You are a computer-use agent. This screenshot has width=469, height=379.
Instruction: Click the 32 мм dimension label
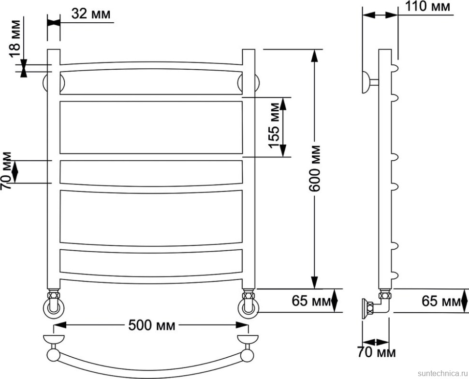(90, 14)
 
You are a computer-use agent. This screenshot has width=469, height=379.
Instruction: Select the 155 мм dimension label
(274, 126)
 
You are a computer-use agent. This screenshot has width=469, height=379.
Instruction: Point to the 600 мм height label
(314, 168)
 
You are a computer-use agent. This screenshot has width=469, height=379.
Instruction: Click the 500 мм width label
(152, 325)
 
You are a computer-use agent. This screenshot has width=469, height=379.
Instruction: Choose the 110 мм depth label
(427, 6)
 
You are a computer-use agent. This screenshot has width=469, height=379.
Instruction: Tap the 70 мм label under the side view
(376, 352)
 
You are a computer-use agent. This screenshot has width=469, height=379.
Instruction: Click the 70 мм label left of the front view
(6, 171)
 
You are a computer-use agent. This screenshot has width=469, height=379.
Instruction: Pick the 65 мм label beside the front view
(311, 301)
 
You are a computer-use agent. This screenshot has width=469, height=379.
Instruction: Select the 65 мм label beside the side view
(441, 301)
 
